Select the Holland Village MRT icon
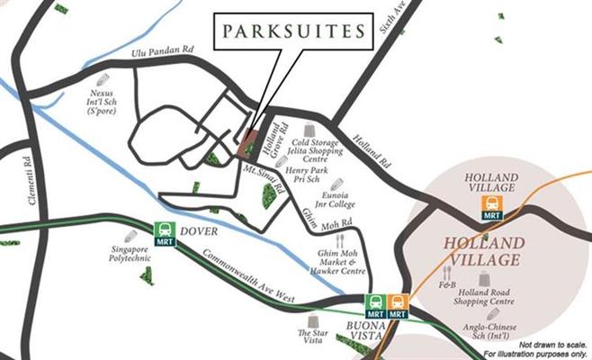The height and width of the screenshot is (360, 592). [492, 208]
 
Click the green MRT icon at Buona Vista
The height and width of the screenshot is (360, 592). [376, 305]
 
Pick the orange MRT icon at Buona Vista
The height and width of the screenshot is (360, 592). [398, 305]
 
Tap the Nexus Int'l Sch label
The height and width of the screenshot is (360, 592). [112, 94]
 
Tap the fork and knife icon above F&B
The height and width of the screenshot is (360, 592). [446, 271]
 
